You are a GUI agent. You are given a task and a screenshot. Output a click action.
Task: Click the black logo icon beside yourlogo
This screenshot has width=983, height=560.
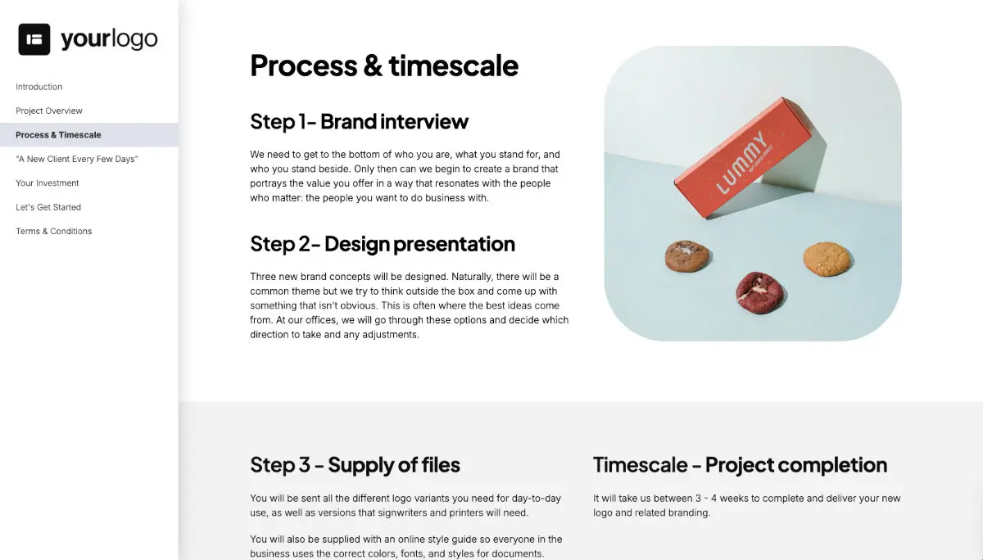(34, 39)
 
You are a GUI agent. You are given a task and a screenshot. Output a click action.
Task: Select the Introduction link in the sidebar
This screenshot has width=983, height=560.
(39, 87)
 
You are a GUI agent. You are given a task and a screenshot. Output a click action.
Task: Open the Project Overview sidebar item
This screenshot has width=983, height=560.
(49, 111)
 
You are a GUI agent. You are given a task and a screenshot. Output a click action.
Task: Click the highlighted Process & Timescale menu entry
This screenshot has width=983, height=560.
(58, 135)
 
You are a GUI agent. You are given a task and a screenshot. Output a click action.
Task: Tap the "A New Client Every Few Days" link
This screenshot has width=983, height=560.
(77, 159)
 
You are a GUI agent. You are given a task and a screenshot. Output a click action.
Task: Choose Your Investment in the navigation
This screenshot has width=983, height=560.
(48, 183)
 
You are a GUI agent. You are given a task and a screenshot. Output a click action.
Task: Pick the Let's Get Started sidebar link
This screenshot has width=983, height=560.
(48, 207)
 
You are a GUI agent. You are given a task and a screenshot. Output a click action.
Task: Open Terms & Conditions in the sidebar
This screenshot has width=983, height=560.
(54, 231)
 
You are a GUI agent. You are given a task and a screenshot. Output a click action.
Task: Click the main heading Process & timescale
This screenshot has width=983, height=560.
(384, 65)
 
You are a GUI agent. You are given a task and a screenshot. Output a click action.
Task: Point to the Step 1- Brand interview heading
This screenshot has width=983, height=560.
(359, 122)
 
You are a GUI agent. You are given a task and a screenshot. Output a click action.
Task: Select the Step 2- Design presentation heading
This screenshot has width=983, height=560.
(383, 244)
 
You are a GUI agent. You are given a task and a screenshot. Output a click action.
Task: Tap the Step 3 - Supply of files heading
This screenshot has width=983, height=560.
(355, 465)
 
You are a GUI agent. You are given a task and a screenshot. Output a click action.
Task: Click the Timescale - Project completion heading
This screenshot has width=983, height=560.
(740, 465)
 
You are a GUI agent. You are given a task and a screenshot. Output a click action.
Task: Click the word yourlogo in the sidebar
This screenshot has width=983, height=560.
(109, 39)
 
